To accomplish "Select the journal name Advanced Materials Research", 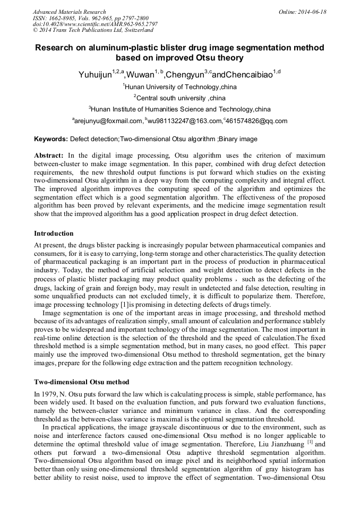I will coord(69,12).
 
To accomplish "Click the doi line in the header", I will coord(95,24).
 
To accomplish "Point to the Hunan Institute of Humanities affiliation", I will coord(180,109).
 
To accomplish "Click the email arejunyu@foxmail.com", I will coord(109,121).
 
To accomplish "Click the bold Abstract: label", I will coord(49,156).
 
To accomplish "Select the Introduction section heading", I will coord(54,234).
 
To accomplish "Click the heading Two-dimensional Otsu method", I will coord(81,382).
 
